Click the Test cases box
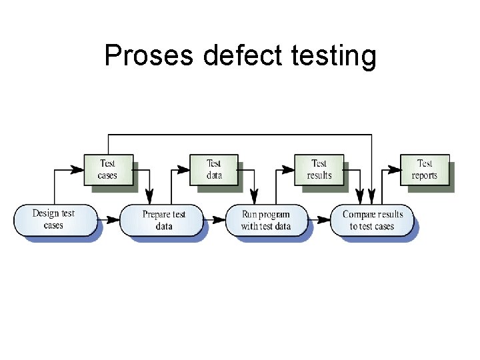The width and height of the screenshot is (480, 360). [107, 169]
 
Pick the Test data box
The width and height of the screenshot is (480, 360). [213, 169]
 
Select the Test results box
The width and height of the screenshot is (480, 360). [319, 169]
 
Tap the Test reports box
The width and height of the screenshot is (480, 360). [424, 169]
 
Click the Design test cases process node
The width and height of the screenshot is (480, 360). [54, 219]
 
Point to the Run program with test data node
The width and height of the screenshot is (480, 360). [266, 220]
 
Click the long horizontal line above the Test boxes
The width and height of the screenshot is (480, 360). [240, 135]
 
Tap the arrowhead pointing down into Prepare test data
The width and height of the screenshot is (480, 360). [149, 197]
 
